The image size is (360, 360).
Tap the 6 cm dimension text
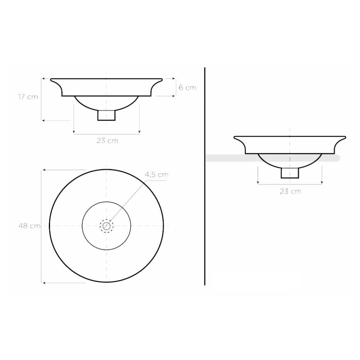point(188,87)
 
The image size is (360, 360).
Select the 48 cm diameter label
point(30,226)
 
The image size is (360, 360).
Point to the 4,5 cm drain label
point(157,175)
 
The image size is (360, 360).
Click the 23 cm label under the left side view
point(107,141)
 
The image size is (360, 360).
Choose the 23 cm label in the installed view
point(291,191)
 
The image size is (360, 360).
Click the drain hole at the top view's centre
point(106,226)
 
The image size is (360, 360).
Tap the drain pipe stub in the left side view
point(107,115)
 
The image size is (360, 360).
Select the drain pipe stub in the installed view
point(290,173)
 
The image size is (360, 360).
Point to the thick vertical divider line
point(204,176)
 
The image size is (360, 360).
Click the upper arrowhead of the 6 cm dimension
point(173,78)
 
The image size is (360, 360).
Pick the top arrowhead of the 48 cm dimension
point(44,170)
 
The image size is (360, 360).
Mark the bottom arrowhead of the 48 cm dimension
point(44,283)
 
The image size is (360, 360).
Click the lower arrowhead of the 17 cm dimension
point(44,120)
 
